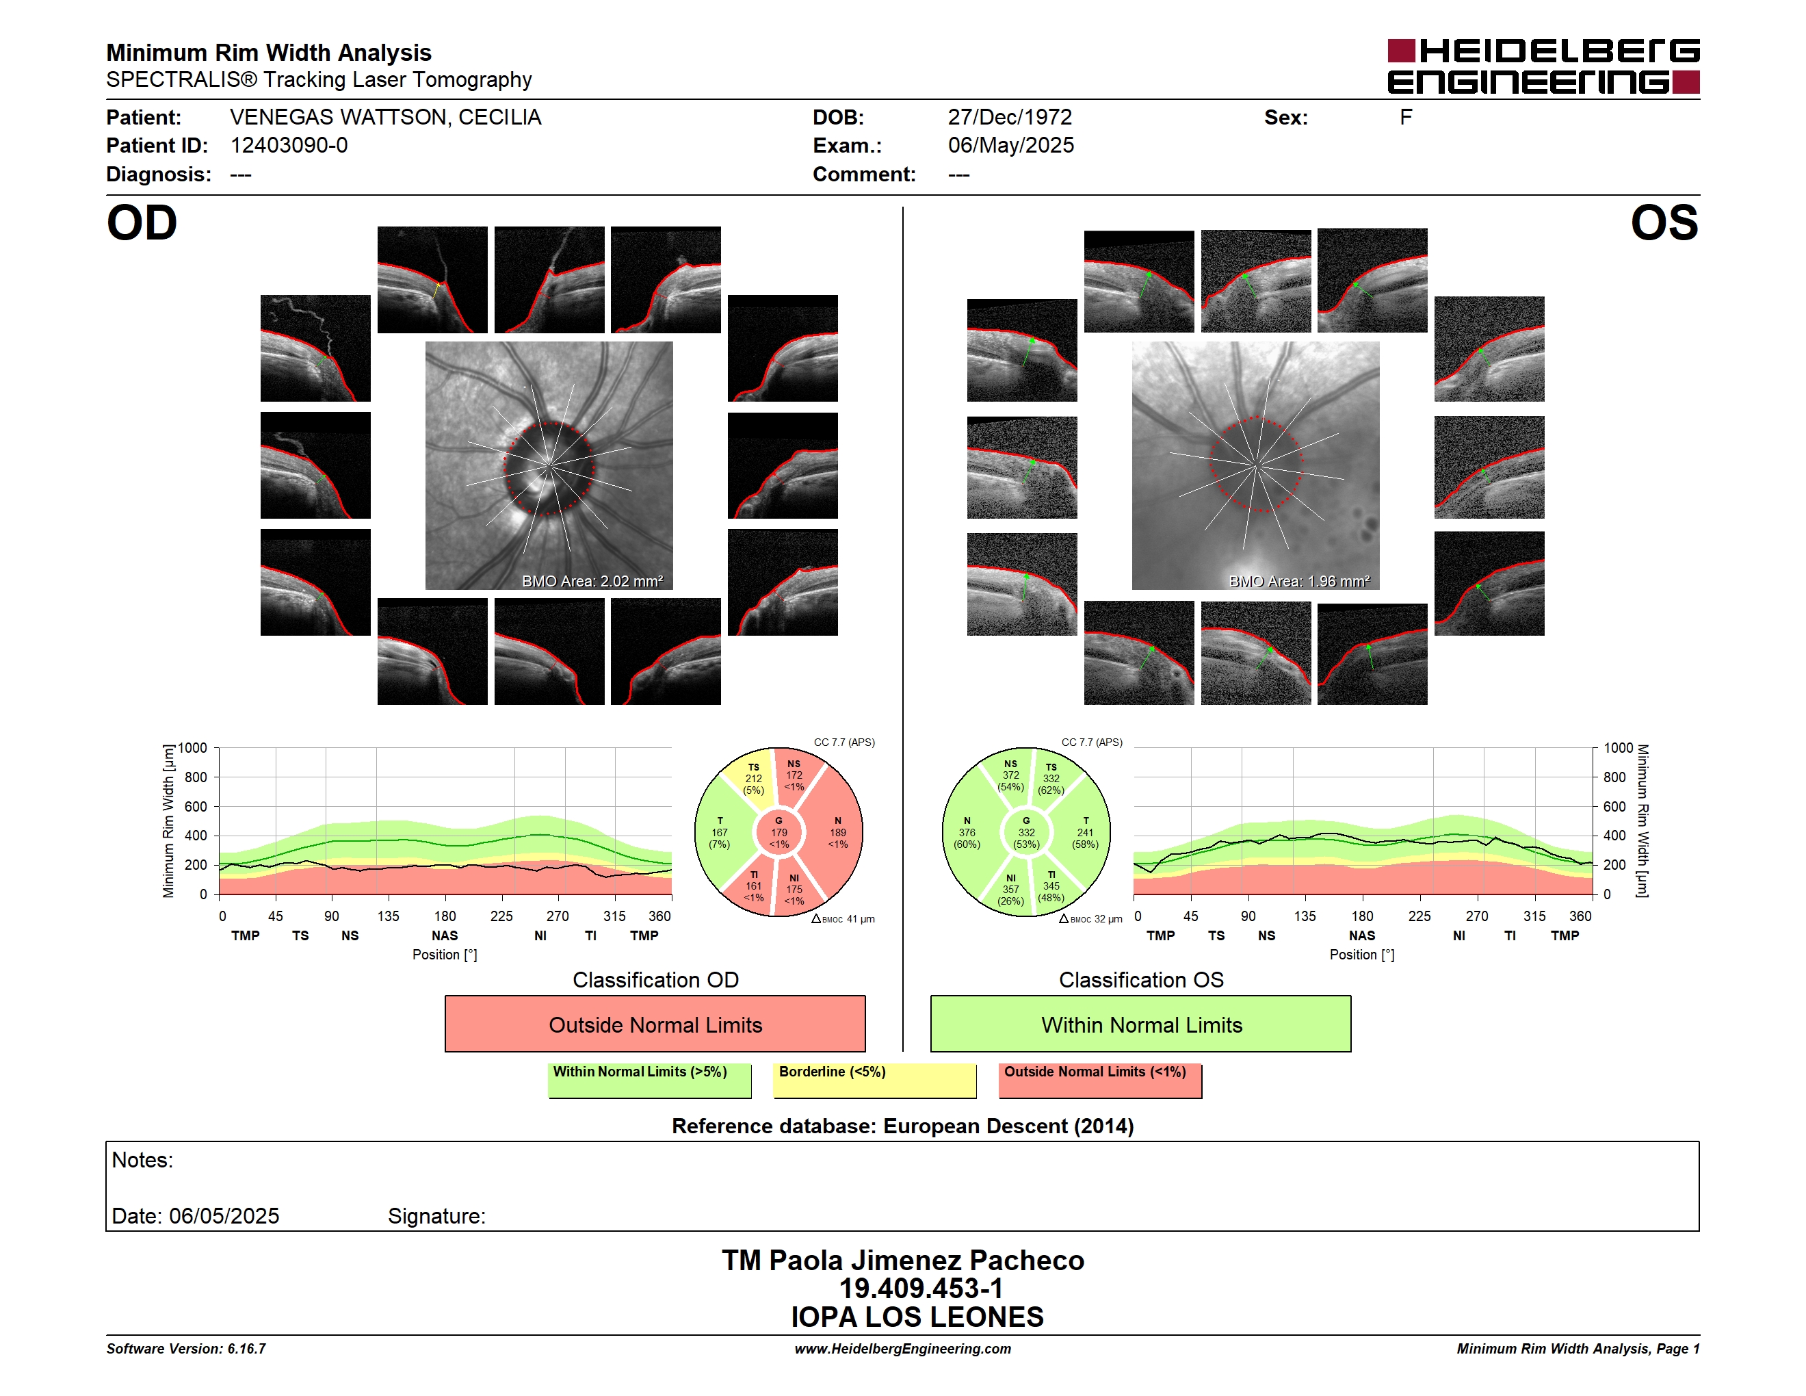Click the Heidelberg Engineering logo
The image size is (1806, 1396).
[1543, 66]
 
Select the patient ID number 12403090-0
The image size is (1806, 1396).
[289, 146]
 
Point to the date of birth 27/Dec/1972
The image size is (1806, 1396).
[1010, 118]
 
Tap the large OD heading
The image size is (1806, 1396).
[142, 223]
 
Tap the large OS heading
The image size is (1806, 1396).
[1664, 223]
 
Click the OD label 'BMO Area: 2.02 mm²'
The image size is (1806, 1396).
[592, 582]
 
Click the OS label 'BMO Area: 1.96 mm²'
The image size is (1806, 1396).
[1299, 582]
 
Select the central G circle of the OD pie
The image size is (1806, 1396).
[779, 833]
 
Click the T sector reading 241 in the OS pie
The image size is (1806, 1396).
[1084, 833]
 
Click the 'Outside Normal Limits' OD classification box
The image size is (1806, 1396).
[655, 1024]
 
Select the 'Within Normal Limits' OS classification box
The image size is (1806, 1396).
[1141, 1024]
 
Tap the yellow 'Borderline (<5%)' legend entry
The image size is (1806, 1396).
[875, 1080]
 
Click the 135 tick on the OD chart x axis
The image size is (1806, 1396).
[388, 916]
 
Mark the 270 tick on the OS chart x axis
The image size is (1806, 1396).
[1477, 916]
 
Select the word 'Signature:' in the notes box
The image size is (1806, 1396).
[436, 1216]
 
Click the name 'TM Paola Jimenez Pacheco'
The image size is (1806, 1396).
[903, 1261]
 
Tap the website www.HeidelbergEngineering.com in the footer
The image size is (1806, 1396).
[903, 1349]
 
